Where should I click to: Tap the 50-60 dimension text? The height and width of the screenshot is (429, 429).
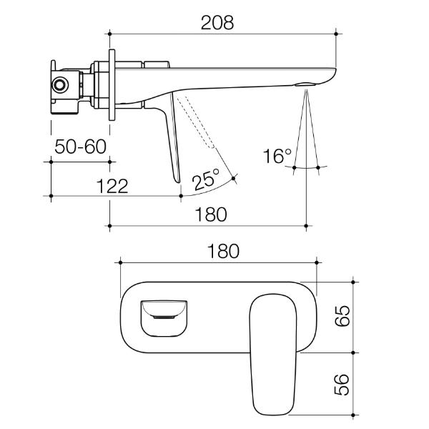pyautogui.click(x=81, y=147)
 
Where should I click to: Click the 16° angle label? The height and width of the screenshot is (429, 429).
pyautogui.click(x=277, y=157)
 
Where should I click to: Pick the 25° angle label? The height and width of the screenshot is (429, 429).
pyautogui.click(x=207, y=179)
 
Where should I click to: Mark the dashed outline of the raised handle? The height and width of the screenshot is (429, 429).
pyautogui.click(x=197, y=122)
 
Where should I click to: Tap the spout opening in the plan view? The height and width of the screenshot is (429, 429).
pyautogui.click(x=163, y=315)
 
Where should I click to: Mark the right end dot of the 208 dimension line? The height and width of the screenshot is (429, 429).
pyautogui.click(x=336, y=33)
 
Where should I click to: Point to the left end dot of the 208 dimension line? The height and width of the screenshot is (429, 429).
pyautogui.click(x=109, y=33)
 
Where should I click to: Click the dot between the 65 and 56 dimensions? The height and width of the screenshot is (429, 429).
pyautogui.click(x=354, y=352)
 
